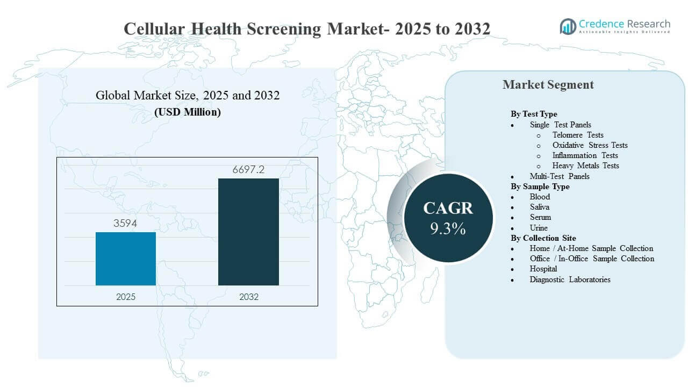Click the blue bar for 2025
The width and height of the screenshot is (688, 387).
pos(126,259)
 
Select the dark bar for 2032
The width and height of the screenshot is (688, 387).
pos(248,232)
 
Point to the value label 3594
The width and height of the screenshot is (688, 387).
pos(125,224)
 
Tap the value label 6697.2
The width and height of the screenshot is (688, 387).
pos(248,170)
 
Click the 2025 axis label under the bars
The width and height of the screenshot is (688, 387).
pos(126,297)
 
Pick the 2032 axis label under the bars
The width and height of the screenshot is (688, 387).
pos(248,297)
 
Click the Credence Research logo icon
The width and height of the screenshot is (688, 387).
pos(568,26)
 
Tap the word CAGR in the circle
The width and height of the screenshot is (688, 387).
pos(448,209)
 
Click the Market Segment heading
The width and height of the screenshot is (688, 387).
pos(548,84)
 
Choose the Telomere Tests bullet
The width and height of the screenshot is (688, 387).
pos(578,135)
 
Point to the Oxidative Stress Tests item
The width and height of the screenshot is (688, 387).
pos(590,145)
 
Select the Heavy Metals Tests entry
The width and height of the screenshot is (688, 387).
pos(585,166)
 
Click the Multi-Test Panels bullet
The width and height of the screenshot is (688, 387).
pos(560,176)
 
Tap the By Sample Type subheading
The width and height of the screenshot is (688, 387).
pos(540,187)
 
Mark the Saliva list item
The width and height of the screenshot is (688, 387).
pos(540,207)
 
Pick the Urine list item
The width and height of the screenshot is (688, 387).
pos(539,228)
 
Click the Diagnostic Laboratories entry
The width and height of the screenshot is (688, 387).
pos(570,279)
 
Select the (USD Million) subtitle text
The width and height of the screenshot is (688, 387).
pos(188,112)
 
